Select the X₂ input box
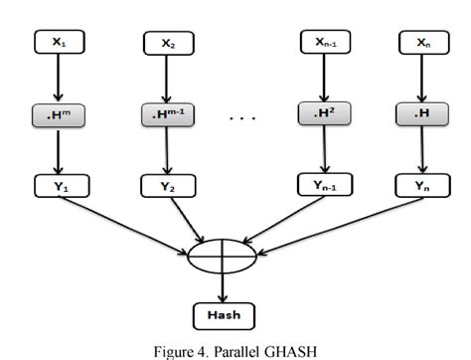pyautogui.click(x=166, y=44)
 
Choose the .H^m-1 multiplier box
pyautogui.click(x=166, y=114)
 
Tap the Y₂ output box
pyautogui.click(x=166, y=186)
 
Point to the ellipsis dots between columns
pyautogui.click(x=244, y=117)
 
